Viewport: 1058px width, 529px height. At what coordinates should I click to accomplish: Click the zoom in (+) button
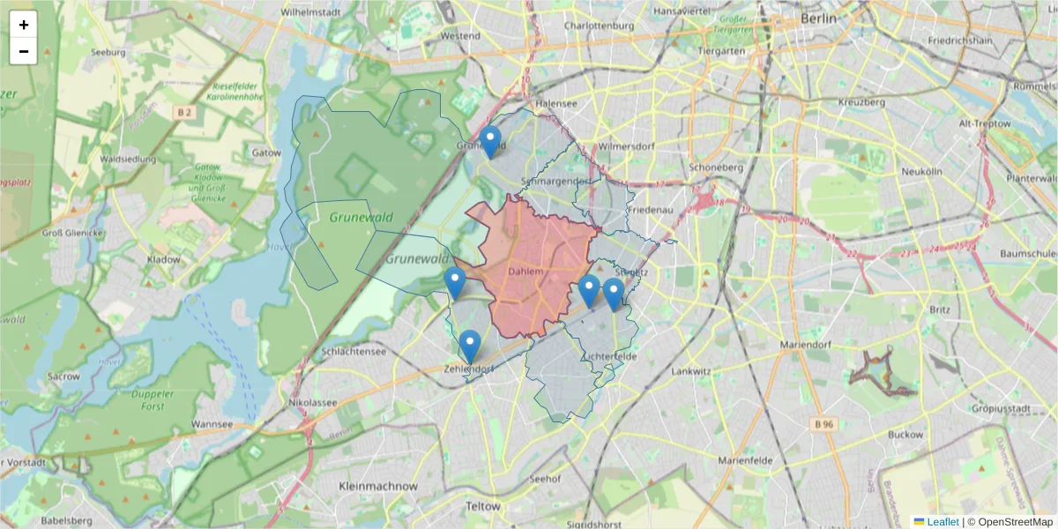tap(24, 25)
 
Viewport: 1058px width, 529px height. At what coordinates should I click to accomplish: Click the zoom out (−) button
tap(24, 51)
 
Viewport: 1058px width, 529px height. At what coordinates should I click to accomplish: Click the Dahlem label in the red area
tap(526, 272)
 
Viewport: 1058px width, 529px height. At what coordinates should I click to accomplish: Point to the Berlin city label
tap(817, 19)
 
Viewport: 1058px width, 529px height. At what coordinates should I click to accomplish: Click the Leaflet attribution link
tap(942, 522)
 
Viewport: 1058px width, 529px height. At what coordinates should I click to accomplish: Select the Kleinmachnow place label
tap(378, 486)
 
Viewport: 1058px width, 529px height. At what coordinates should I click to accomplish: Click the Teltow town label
tap(482, 507)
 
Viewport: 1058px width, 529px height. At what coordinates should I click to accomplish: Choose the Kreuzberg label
tap(861, 102)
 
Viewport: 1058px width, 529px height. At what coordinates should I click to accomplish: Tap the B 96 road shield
tap(823, 424)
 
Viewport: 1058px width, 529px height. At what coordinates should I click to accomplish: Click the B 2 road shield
tap(183, 112)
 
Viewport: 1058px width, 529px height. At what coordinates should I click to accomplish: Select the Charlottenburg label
tap(599, 26)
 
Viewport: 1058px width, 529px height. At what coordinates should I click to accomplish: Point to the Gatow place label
tap(266, 153)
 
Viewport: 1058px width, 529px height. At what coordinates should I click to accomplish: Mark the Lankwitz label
tap(690, 372)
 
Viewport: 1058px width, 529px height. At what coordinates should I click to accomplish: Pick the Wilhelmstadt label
tap(310, 13)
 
